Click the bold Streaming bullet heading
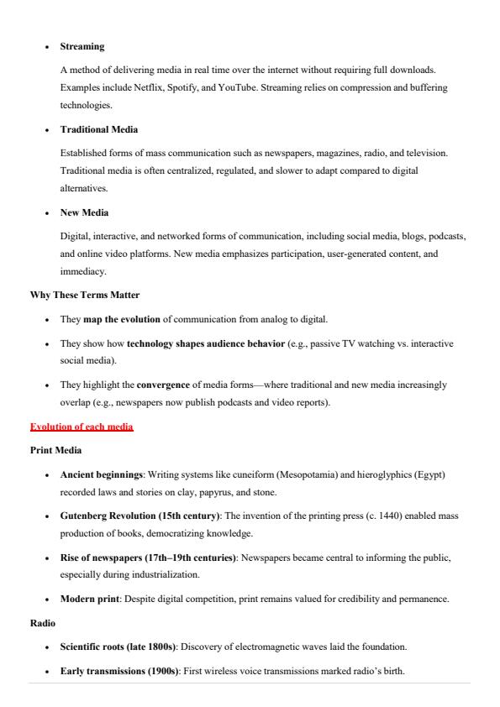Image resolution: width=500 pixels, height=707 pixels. (82, 46)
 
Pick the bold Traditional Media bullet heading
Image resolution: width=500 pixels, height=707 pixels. (99, 129)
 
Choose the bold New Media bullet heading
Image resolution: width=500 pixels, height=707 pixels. (84, 212)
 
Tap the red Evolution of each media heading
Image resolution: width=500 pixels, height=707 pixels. (82, 427)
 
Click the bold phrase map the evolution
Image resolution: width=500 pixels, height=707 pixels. (122, 319)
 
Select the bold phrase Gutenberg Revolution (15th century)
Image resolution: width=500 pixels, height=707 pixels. (139, 516)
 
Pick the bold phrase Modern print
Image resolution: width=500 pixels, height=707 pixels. (88, 600)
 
